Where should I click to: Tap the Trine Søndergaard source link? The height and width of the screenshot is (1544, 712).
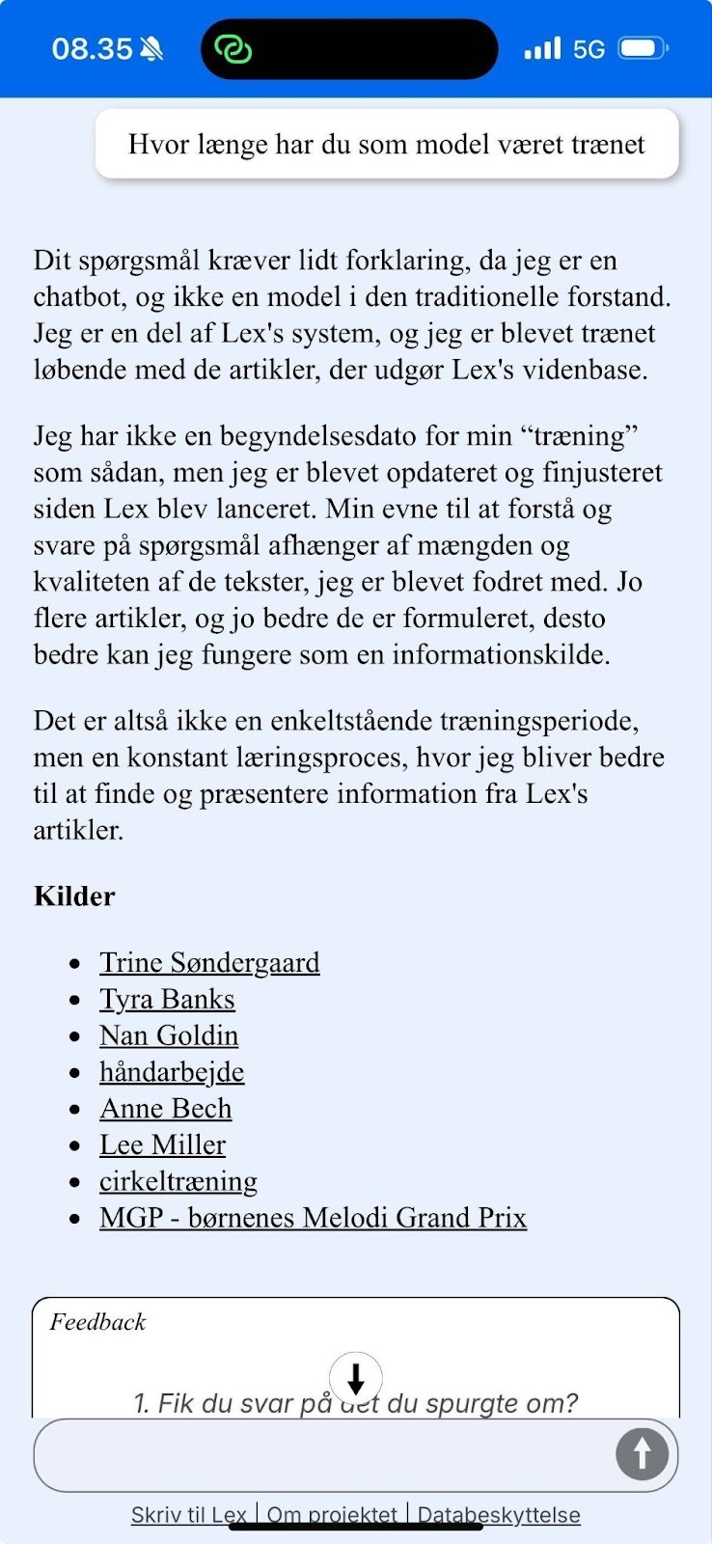coord(209,962)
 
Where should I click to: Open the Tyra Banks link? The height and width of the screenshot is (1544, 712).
coord(167,999)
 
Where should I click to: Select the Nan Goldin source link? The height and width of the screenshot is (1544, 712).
coord(169,1035)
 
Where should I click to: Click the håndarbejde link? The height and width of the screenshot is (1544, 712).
coord(172,1072)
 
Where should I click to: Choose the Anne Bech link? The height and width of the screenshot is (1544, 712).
coord(166,1109)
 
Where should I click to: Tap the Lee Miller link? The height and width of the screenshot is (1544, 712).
coord(162,1145)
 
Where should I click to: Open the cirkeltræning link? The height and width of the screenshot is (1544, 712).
coord(178,1181)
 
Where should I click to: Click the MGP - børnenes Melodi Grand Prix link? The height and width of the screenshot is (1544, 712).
coord(313,1218)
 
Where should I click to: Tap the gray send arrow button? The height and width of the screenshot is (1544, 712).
coord(642,1453)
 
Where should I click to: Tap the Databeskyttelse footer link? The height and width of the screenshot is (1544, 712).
coord(499,1515)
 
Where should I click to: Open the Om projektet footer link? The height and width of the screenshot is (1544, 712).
coord(332,1515)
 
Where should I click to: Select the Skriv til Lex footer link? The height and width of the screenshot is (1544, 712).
coord(189,1515)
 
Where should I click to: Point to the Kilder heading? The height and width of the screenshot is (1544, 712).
coord(74,896)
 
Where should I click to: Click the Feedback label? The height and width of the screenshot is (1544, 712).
coord(97,1322)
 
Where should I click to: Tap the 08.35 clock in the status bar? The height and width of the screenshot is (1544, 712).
coord(92,49)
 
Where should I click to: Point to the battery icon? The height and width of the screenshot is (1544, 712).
coord(643,48)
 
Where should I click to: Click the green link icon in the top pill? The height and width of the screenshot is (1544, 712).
coord(233,48)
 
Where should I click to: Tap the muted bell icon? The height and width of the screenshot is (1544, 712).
coord(151,49)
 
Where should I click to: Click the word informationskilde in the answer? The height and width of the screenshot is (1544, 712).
coord(501,654)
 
